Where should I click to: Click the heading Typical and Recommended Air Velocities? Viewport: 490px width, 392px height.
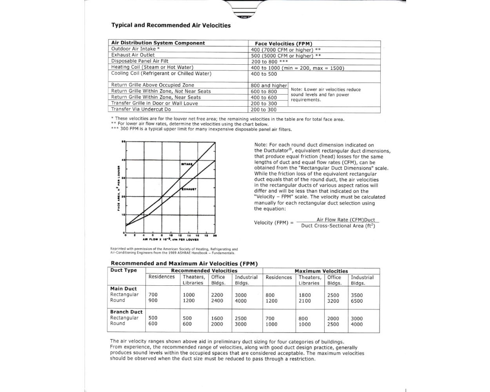pyautogui.click(x=171, y=25)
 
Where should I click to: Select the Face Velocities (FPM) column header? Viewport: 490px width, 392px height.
pyautogui.click(x=283, y=44)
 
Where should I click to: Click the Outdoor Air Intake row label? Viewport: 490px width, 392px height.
pyautogui.click(x=135, y=49)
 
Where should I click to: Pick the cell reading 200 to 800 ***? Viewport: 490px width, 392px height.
pyautogui.click(x=269, y=62)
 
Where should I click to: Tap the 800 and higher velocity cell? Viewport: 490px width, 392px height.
pyautogui.click(x=269, y=85)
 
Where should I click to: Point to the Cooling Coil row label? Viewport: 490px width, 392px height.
pyautogui.click(x=161, y=74)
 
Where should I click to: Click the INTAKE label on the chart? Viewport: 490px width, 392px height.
pyautogui.click(x=187, y=164)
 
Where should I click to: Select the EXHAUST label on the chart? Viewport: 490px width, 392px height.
pyautogui.click(x=189, y=189)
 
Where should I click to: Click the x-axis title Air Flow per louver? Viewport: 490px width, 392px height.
pyautogui.click(x=171, y=240)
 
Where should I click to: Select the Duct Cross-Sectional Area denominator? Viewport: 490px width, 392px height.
pyautogui.click(x=338, y=226)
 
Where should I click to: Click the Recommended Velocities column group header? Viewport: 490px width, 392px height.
pyautogui.click(x=204, y=271)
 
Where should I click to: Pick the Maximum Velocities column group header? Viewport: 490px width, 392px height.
pyautogui.click(x=321, y=271)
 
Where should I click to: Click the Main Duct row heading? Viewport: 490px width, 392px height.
pyautogui.click(x=123, y=289)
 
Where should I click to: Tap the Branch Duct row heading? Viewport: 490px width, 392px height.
pyautogui.click(x=126, y=312)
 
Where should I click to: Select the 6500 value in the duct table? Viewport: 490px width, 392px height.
pyautogui.click(x=357, y=301)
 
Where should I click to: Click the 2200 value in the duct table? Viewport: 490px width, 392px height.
pyautogui.click(x=217, y=295)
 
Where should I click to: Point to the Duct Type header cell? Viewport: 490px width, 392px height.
pyautogui.click(x=123, y=270)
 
